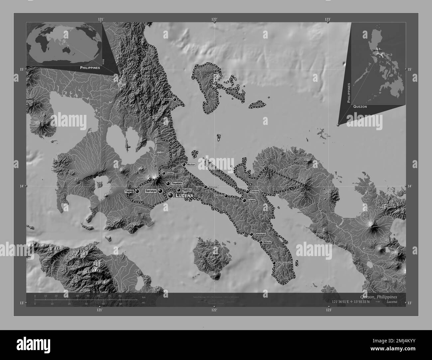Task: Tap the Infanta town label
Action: click(x=168, y=100)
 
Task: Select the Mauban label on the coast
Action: click(x=191, y=165)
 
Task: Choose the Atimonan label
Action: click(x=213, y=187)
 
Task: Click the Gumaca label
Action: click(x=219, y=196)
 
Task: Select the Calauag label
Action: click(x=255, y=192)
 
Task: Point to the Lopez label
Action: click(x=251, y=201)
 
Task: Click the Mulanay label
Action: click(x=268, y=242)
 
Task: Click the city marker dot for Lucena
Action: click(x=170, y=196)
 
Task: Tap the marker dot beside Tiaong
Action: click(x=137, y=191)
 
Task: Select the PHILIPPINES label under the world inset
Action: click(x=90, y=67)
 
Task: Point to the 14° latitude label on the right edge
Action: click(x=410, y=186)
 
